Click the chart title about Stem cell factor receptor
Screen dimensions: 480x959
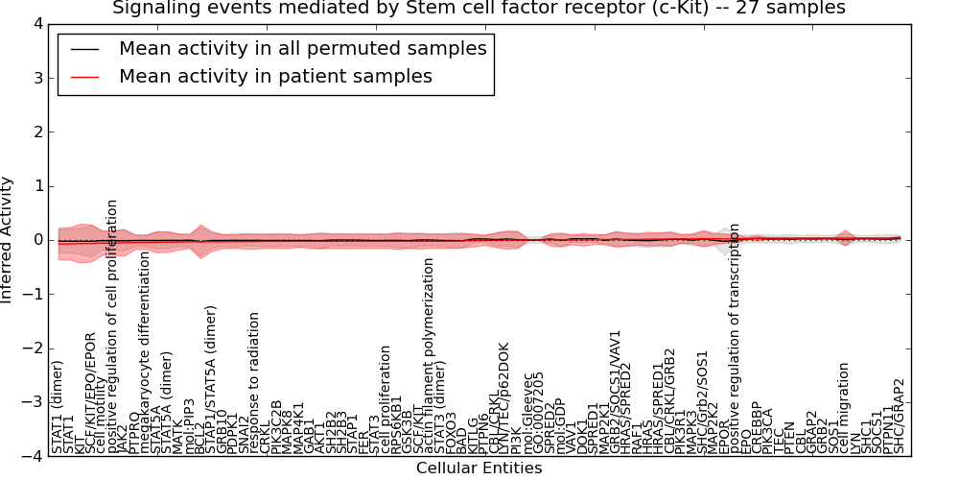(479, 9)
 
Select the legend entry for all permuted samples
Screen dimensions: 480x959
(302, 48)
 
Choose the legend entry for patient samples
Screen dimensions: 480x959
(275, 76)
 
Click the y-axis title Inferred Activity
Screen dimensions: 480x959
(9, 240)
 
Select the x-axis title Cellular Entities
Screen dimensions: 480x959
(479, 468)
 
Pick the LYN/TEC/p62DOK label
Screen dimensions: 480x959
(504, 397)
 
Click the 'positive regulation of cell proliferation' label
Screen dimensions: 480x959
(113, 326)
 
